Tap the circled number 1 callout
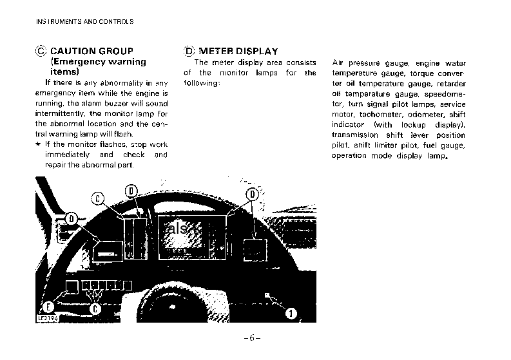coord(291,314)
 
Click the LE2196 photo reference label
coord(44,318)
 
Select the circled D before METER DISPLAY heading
coord(189,51)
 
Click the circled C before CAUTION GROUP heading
coord(41,51)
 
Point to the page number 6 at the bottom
coord(251,338)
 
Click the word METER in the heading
coord(216,51)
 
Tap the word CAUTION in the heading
coord(72,51)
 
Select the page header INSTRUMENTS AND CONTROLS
coord(84,21)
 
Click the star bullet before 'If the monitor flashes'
coord(38,145)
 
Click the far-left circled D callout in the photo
coord(72,219)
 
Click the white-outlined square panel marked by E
coord(71,285)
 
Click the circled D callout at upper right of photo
coord(253,194)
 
